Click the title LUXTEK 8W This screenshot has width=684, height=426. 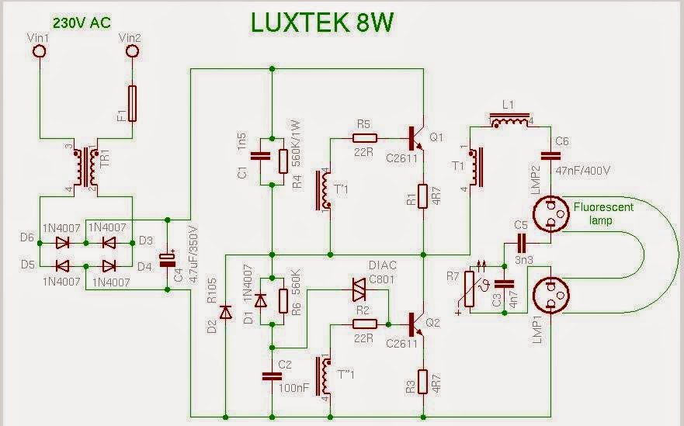(322, 23)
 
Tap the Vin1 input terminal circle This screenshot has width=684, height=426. (40, 51)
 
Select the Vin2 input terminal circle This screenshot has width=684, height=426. (132, 51)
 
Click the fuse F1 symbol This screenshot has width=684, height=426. (132, 103)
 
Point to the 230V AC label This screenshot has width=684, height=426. (82, 23)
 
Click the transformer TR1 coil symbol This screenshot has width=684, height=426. (86, 167)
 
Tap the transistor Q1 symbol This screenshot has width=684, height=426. (415, 139)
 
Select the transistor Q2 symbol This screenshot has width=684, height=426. (415, 324)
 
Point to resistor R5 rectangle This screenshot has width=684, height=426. (365, 139)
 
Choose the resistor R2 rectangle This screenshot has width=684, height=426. (365, 324)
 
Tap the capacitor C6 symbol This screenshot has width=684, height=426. (550, 156)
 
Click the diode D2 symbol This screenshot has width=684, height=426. (225, 312)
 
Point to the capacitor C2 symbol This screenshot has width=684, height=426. (272, 376)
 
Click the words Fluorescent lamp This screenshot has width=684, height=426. (602, 213)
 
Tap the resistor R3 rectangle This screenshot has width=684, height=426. (422, 382)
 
